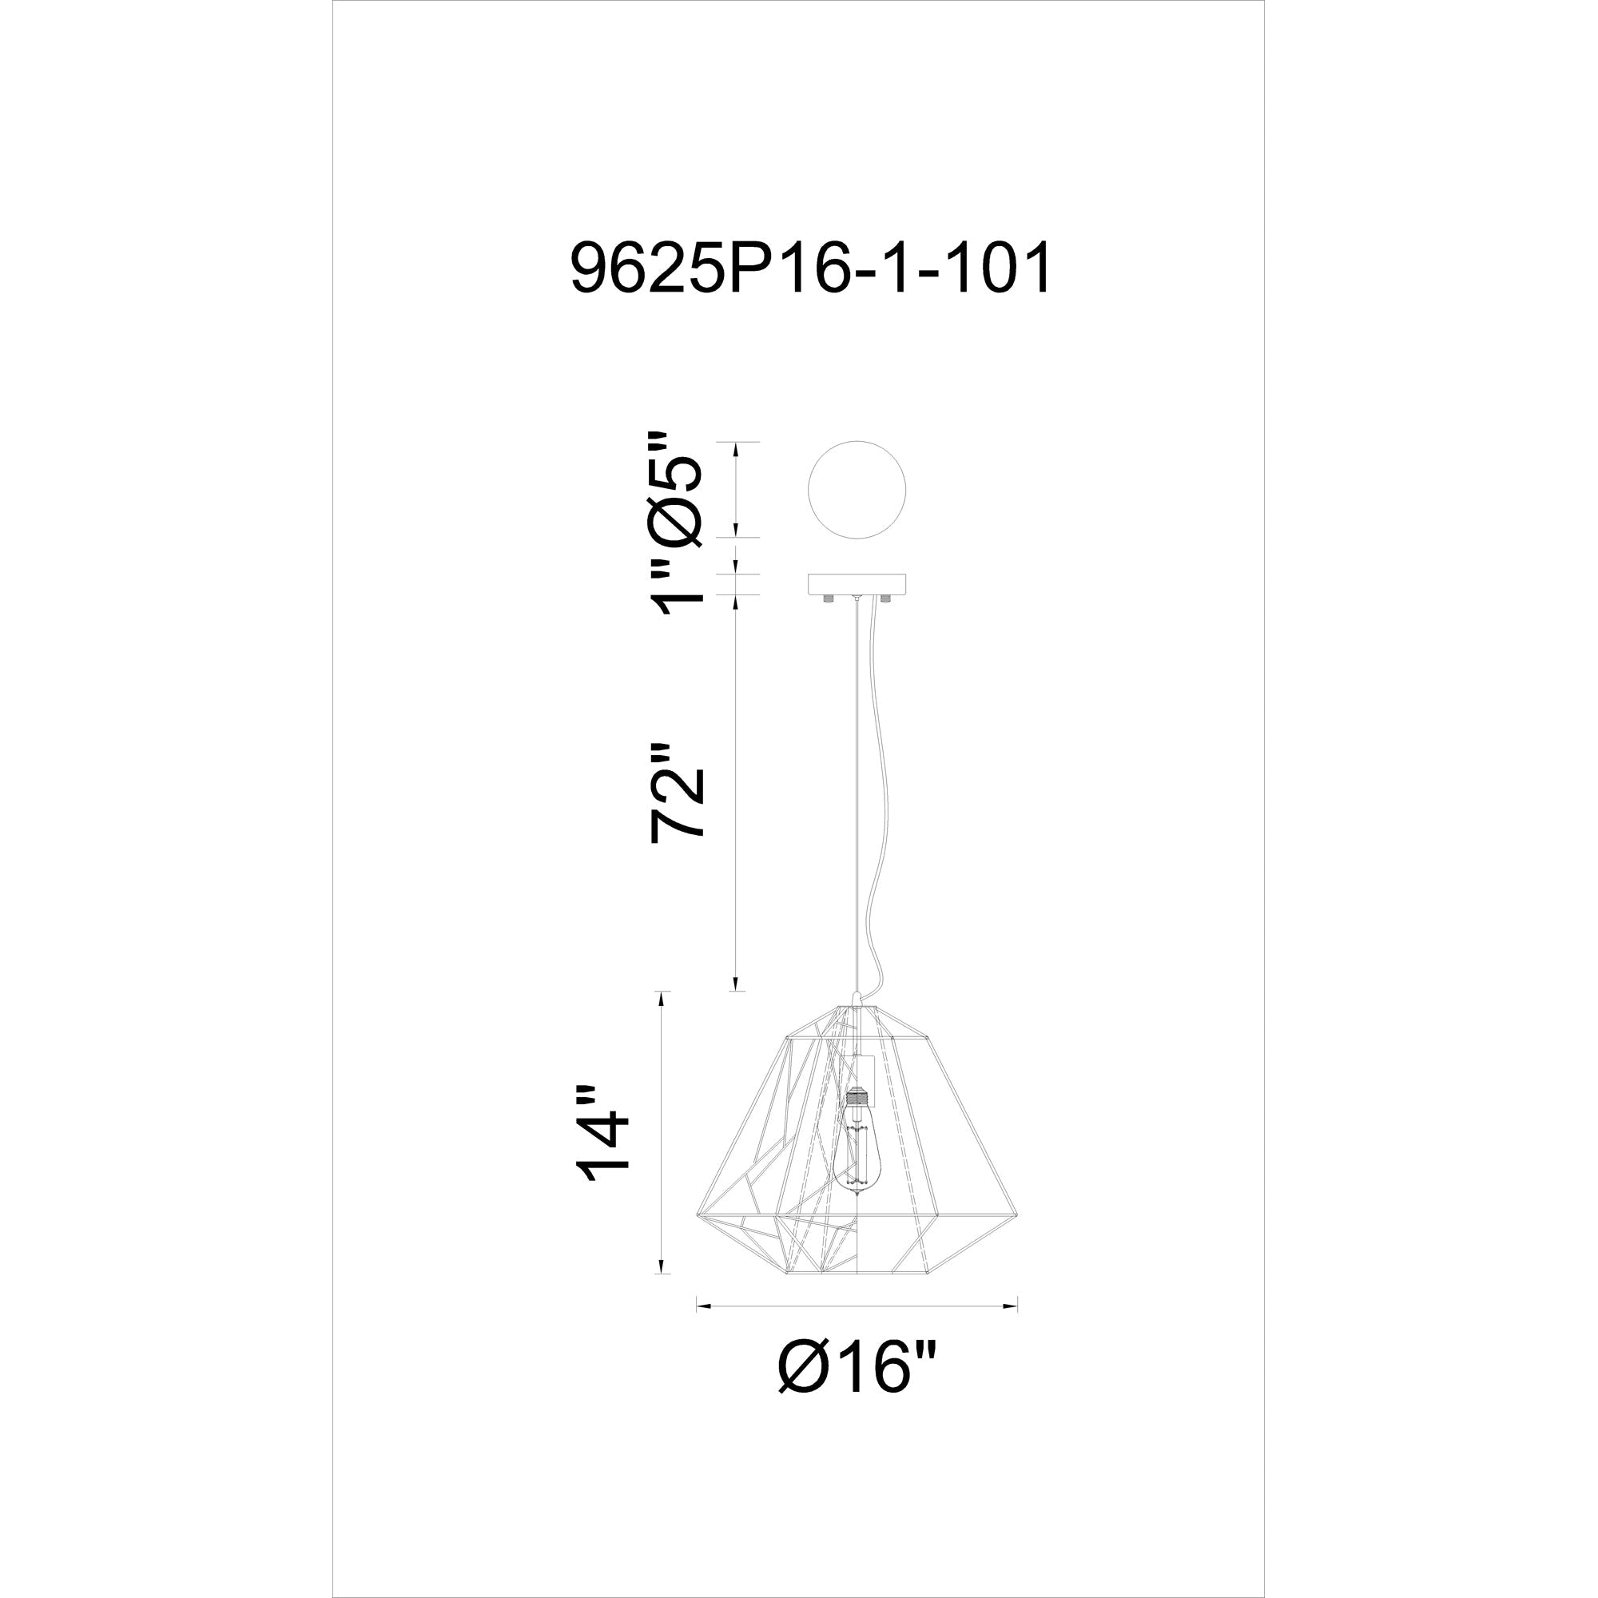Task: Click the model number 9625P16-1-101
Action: [810, 267]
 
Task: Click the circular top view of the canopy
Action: [856, 490]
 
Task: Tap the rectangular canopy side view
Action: [856, 584]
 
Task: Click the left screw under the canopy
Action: [827, 598]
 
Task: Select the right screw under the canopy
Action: [886, 598]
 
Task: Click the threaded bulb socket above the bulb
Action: [857, 1099]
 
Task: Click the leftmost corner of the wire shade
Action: [698, 1215]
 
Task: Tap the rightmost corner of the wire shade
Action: [1016, 1215]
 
